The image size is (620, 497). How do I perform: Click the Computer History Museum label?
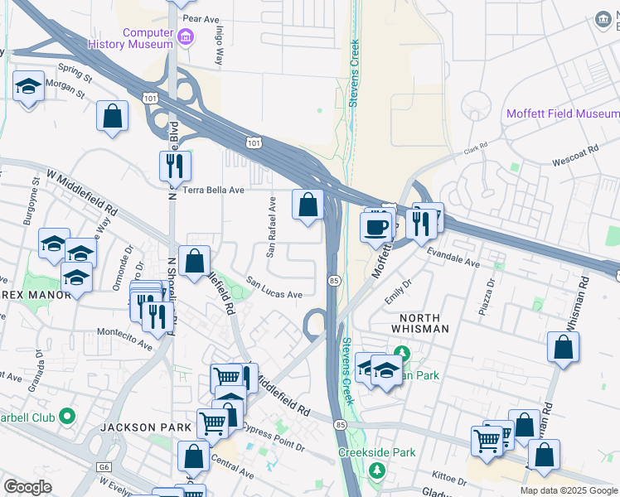point(148,38)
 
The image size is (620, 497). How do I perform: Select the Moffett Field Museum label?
point(562,113)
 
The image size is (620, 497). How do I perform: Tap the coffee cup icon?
point(377,224)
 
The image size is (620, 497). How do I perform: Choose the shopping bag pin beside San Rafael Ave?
point(308,205)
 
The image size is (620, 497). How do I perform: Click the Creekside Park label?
point(376,453)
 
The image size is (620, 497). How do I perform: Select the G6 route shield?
point(104,467)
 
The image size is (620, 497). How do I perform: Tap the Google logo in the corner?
point(27,487)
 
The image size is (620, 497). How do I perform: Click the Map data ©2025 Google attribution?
point(569,490)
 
